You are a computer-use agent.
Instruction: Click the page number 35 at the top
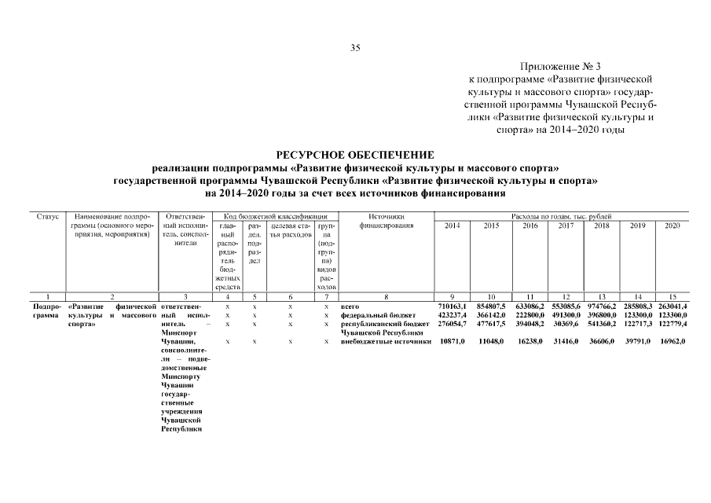[x=355, y=49]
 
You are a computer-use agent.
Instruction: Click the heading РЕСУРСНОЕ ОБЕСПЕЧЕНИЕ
[x=355, y=155]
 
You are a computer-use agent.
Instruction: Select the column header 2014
[x=453, y=226]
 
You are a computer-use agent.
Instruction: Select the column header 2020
[x=672, y=226]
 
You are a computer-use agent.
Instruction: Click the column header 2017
[x=566, y=226]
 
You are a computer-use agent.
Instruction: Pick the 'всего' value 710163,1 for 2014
[x=452, y=305]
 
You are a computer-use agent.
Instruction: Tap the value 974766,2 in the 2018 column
[x=602, y=305]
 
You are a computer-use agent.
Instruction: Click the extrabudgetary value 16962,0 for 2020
[x=672, y=341]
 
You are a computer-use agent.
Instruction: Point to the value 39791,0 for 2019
[x=637, y=341]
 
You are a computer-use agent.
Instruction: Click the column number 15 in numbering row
[x=672, y=296]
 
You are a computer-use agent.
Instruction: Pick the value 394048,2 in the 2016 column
[x=528, y=323]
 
